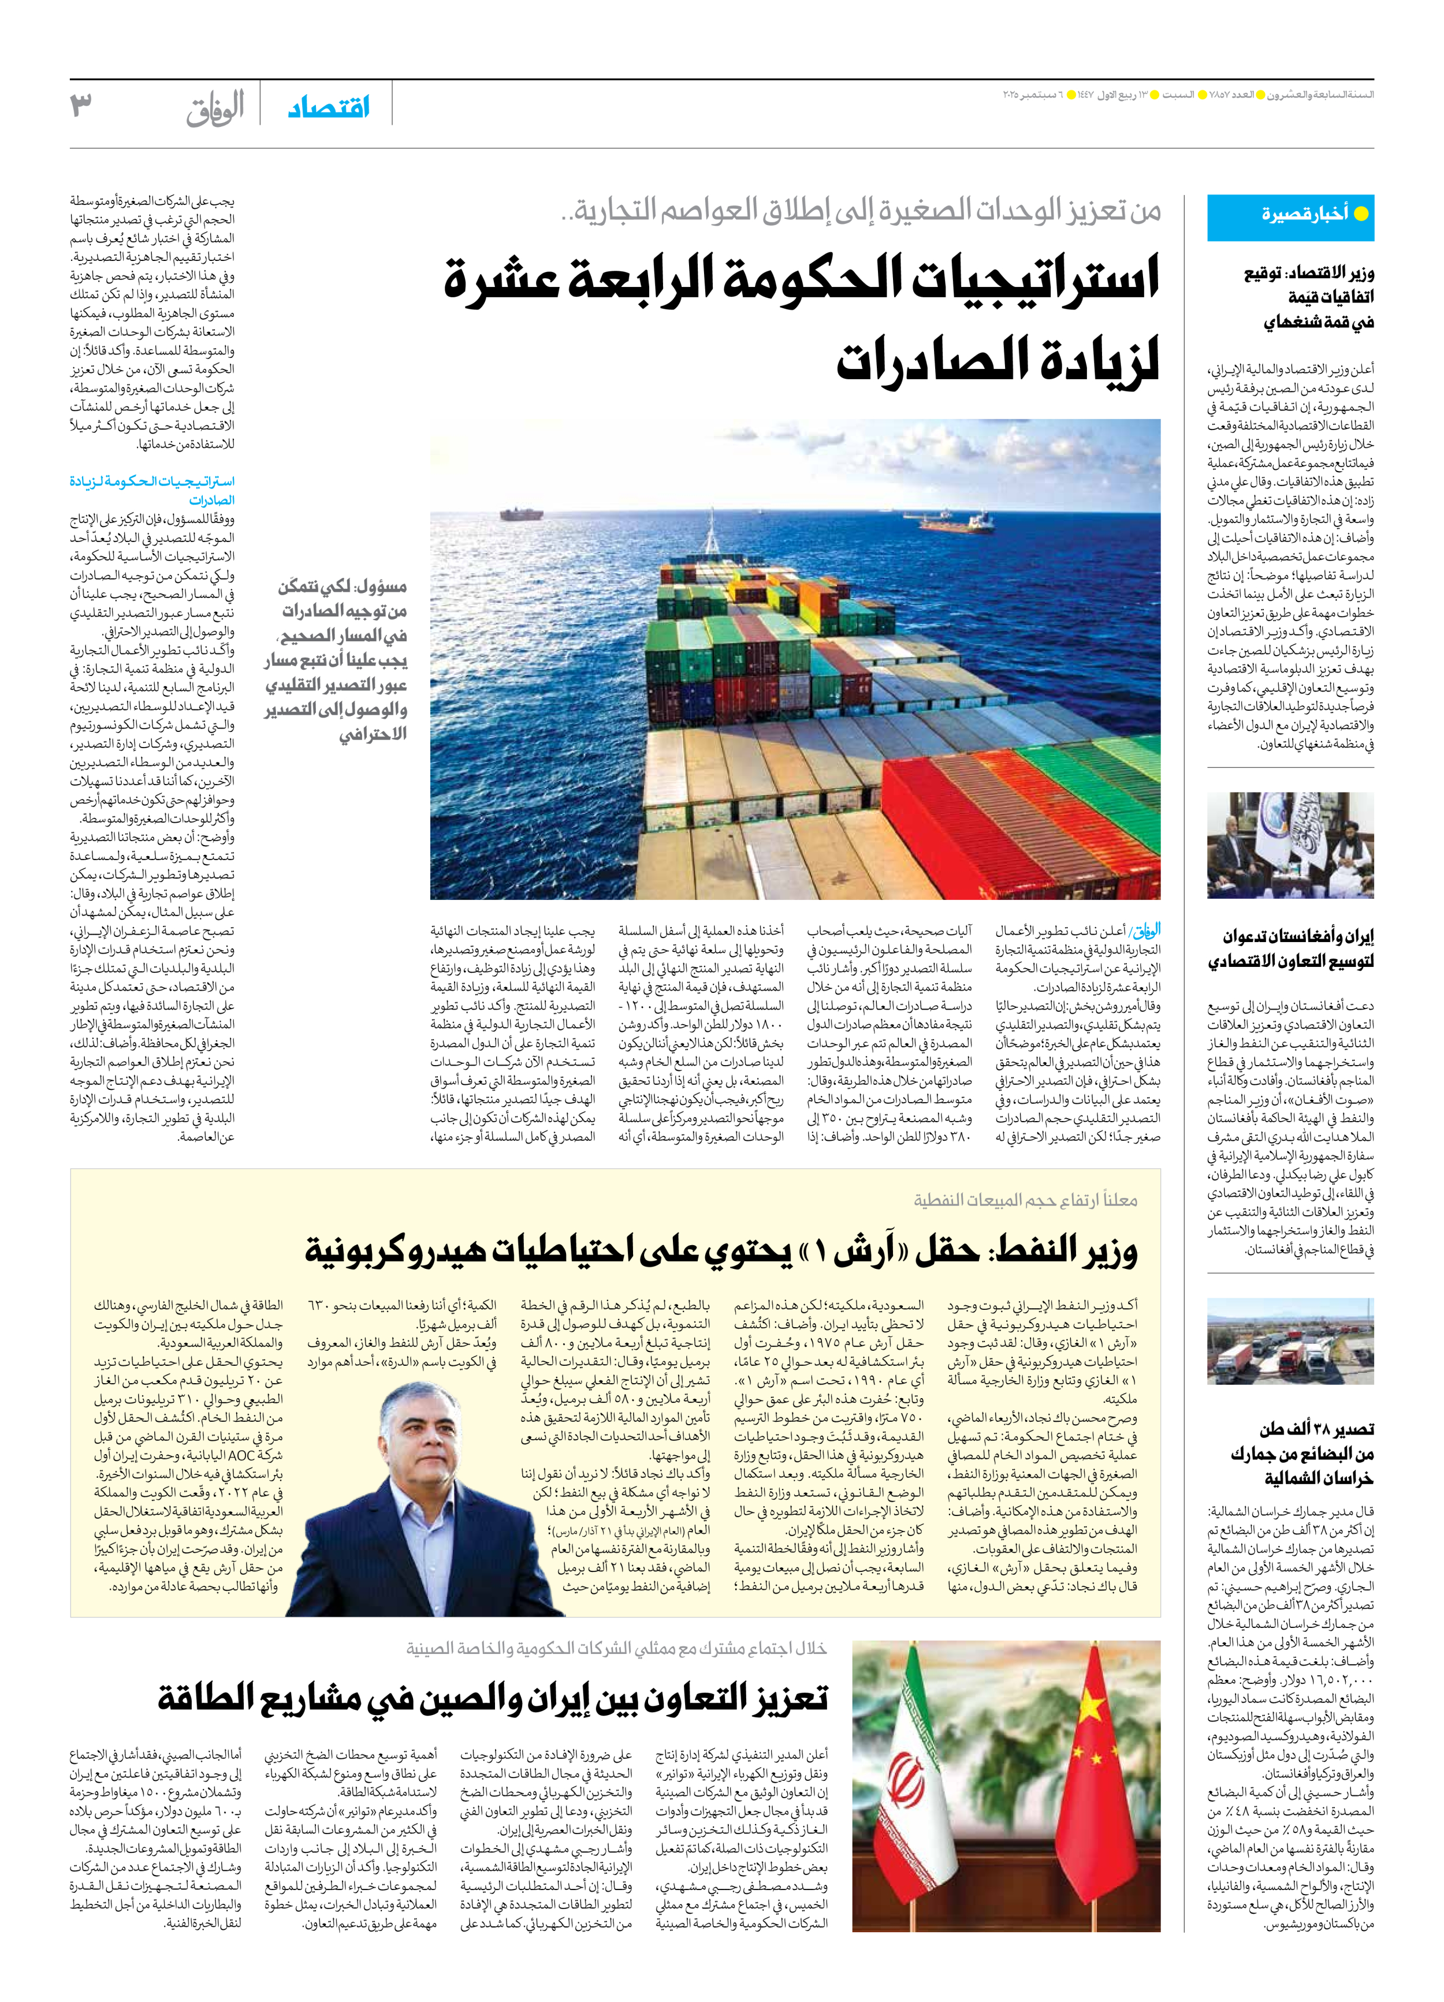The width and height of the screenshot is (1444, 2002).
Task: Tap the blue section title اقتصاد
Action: pos(329,108)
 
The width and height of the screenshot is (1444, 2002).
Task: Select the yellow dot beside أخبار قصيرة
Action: pos(1360,214)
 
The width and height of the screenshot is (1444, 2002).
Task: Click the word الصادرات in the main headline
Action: pos(998,359)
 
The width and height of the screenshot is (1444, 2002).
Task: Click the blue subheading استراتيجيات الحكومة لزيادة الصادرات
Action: pos(152,490)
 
